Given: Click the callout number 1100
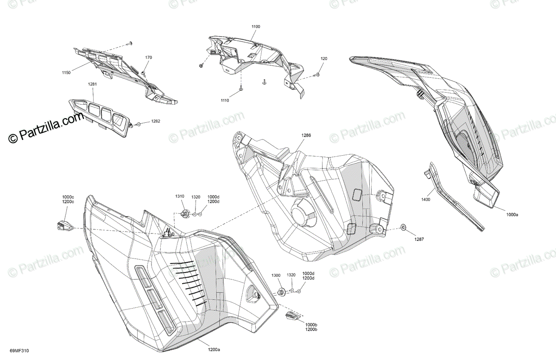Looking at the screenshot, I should click(x=256, y=27).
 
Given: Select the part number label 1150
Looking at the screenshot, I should click(x=66, y=72).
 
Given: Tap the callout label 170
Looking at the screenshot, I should click(x=148, y=58).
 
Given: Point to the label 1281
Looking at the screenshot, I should click(x=93, y=84).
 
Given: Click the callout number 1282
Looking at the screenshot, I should click(x=156, y=121).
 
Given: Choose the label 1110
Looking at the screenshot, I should click(x=225, y=101).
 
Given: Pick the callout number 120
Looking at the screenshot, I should click(x=323, y=59).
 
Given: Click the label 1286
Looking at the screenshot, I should click(x=306, y=136).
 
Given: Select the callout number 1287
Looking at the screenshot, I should click(x=419, y=239).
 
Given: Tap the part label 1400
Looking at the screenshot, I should click(x=426, y=199).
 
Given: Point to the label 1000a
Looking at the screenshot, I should click(x=512, y=214).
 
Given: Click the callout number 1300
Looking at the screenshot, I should click(x=276, y=275).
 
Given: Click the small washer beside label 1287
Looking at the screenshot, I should click(x=403, y=227).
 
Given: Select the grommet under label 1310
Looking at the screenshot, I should click(x=184, y=214).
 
